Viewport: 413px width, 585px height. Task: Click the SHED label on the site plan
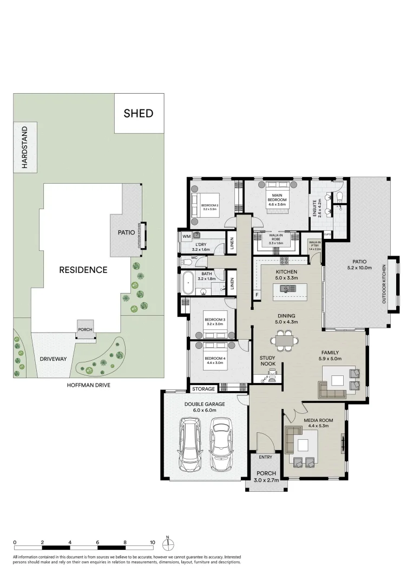coord(139,113)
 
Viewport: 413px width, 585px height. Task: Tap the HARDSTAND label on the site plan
coord(24,147)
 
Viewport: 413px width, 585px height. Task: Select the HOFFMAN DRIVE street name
coord(88,385)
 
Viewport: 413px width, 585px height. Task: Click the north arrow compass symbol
coord(168,543)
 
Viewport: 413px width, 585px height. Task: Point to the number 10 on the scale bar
coord(153,542)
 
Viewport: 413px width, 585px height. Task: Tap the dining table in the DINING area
coord(284,340)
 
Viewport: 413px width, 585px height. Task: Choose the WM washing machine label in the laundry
coord(186,236)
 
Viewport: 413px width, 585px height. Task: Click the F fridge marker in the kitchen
coord(258,295)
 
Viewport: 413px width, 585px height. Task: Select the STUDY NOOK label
coord(267,361)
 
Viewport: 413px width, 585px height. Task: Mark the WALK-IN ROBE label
coord(277,237)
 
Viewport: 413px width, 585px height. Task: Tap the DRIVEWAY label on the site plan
coord(53,359)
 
